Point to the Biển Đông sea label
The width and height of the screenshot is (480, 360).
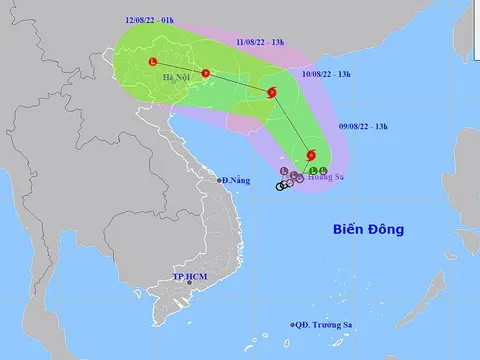pyautogui.click(x=368, y=230)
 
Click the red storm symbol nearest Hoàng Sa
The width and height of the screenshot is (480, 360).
pyautogui.click(x=312, y=155)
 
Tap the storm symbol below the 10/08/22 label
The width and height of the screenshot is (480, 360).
pyautogui.click(x=272, y=94)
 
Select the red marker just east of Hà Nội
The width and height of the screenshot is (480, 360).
pyautogui.click(x=205, y=72)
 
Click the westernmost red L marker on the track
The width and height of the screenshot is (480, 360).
pyautogui.click(x=152, y=62)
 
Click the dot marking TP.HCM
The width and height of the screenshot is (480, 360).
pyautogui.click(x=184, y=285)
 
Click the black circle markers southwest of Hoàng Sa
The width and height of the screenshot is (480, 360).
pyautogui.click(x=285, y=185)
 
